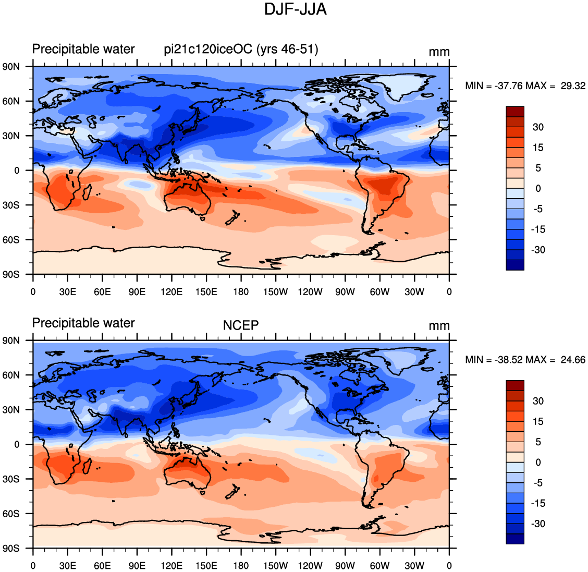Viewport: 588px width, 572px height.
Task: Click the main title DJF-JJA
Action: [295, 9]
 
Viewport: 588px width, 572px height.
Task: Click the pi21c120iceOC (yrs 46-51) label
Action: [241, 49]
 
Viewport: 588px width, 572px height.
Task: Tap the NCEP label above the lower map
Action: [241, 325]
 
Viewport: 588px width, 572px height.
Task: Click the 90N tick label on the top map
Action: [11, 67]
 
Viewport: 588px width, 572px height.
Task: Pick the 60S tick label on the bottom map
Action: [11, 514]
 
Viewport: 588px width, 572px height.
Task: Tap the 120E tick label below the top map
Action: [171, 292]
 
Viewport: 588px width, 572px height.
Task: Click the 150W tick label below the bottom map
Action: [276, 566]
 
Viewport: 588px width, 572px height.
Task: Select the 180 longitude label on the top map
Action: [241, 292]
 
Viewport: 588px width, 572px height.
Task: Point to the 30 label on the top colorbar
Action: [538, 127]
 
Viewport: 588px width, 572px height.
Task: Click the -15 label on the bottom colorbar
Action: [538, 503]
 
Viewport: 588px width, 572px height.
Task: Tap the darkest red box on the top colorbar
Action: [515, 112]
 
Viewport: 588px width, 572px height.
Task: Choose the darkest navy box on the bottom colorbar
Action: [515, 539]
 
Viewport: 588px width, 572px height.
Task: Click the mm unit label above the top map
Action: [439, 52]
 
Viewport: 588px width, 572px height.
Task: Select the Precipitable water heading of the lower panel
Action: [83, 323]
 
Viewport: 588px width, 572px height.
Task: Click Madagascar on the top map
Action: [87, 192]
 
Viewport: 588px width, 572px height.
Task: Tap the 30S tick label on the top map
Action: [11, 205]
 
